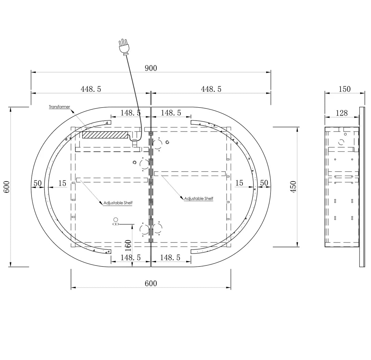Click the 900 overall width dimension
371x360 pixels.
click(x=151, y=68)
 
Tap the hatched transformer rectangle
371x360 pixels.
click(x=105, y=135)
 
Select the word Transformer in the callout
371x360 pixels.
click(x=59, y=107)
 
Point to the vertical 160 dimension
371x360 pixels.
click(x=128, y=245)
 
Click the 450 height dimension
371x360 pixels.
click(x=293, y=187)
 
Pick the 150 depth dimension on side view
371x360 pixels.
click(x=345, y=89)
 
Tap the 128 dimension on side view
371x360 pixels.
click(x=342, y=113)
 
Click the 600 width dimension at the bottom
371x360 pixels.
click(x=151, y=283)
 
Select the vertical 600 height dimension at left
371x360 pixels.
click(x=7, y=187)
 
